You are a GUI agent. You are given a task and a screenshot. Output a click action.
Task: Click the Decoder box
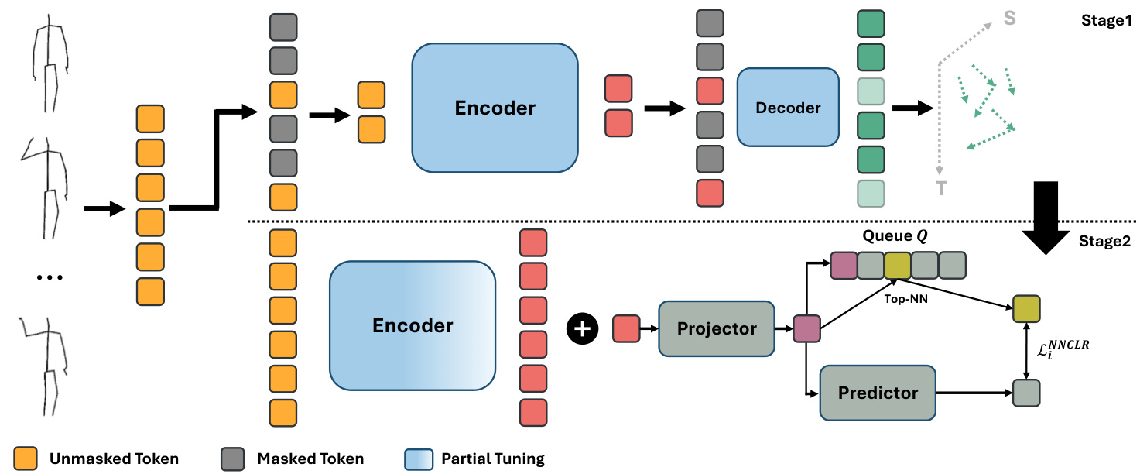coord(787,107)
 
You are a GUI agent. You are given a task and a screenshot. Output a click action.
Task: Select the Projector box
coord(716,328)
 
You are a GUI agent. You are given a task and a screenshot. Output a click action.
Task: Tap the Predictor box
coord(877,393)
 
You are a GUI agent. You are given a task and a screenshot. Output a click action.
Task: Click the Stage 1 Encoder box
coord(495,108)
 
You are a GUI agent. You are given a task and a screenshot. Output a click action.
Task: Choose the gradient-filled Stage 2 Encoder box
coord(413,325)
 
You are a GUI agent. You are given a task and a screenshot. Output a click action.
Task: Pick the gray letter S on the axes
coord(1010,18)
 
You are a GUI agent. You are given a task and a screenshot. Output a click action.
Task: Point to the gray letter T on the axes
coord(941,188)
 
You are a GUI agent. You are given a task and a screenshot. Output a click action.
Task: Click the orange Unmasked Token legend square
coord(26,458)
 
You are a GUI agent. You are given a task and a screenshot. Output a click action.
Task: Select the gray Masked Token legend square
coord(233,458)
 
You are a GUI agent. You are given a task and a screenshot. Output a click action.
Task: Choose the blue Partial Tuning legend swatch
coord(417,458)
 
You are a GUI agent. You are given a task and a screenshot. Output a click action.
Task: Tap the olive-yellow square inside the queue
coord(897,266)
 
